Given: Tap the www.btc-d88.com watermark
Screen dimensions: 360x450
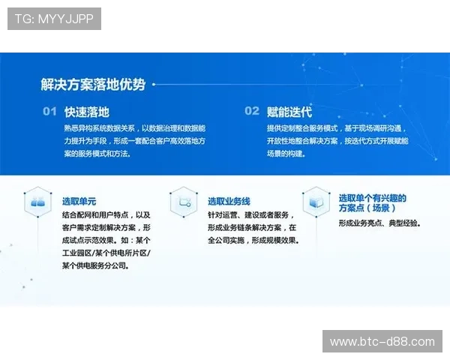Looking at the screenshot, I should pyautogui.click(x=382, y=342).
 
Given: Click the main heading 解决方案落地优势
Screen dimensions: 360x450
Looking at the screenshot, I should pyautogui.click(x=93, y=85).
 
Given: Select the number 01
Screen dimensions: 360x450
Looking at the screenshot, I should pyautogui.click(x=49, y=112).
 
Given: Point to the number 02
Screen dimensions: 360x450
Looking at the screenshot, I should pyautogui.click(x=252, y=112).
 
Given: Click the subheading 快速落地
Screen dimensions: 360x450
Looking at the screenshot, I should pyautogui.click(x=87, y=112).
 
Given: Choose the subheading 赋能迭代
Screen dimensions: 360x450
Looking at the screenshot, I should pyautogui.click(x=289, y=112).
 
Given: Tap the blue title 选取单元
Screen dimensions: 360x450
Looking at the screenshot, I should pyautogui.click(x=79, y=201).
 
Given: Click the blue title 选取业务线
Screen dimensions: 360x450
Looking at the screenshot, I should pyautogui.click(x=229, y=201).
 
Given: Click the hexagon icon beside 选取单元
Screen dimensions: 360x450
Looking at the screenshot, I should pyautogui.click(x=36, y=201).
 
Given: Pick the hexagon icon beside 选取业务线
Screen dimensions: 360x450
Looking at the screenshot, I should pyautogui.click(x=183, y=201).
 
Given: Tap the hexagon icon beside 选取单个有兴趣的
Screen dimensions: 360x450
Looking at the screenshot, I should pyautogui.click(x=316, y=201).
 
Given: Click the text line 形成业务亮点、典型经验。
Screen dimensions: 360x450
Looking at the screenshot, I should pyautogui.click(x=379, y=223).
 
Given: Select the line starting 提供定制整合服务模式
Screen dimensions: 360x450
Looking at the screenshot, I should pyautogui.click(x=334, y=127).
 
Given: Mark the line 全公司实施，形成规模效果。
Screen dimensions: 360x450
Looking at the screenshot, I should pyautogui.click(x=253, y=241).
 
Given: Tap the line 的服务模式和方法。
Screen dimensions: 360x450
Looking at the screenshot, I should pyautogui.click(x=97, y=154).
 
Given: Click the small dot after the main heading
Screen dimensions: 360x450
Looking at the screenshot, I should pyautogui.click(x=154, y=85).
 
